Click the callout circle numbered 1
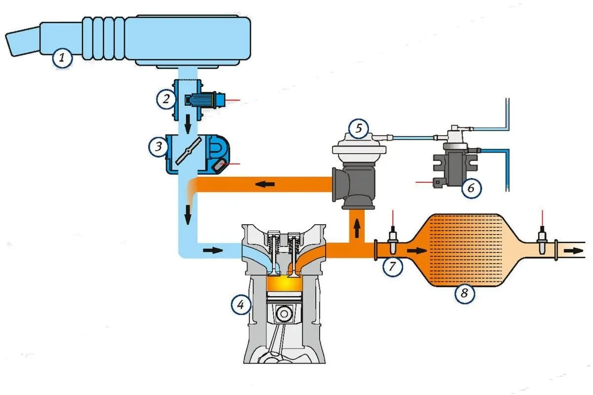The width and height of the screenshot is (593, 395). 62,58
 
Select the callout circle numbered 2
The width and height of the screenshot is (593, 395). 166,99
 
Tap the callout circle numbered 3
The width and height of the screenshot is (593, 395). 158,146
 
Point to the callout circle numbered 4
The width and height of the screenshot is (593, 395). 241,305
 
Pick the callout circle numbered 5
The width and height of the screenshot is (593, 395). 359,128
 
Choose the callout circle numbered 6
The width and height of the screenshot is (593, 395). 471,188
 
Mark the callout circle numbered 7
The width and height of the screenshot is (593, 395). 392,267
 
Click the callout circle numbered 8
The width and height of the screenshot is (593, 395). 465,293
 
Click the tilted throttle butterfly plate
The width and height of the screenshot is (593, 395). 188,151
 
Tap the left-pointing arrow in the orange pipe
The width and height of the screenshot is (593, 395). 265,184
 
